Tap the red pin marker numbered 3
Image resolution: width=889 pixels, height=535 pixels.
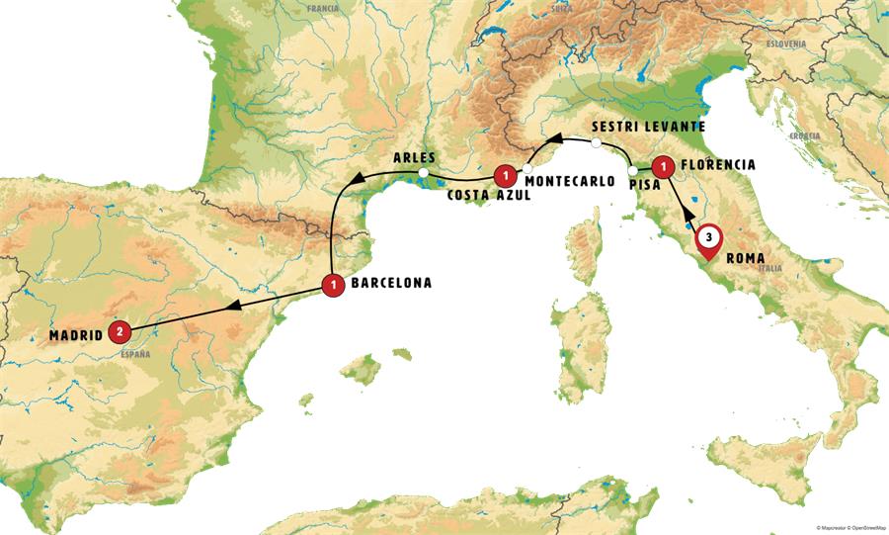click(708, 238)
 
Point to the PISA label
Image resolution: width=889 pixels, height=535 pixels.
click(644, 183)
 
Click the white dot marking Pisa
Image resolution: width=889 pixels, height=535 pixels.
click(633, 169)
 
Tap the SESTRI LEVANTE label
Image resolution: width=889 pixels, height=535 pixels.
click(647, 128)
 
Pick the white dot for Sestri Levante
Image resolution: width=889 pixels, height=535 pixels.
click(596, 143)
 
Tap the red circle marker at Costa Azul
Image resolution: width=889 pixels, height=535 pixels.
click(506, 176)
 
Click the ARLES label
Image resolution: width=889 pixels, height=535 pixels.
click(414, 157)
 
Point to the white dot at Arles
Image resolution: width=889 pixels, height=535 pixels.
click(423, 173)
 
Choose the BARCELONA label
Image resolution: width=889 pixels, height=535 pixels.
click(392, 283)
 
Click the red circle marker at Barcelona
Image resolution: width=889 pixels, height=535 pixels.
click(334, 284)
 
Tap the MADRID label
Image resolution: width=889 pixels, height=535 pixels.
click(76, 335)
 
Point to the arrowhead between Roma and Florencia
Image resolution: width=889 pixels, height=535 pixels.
click(687, 212)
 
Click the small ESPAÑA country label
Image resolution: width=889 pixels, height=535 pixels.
click(134, 351)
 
